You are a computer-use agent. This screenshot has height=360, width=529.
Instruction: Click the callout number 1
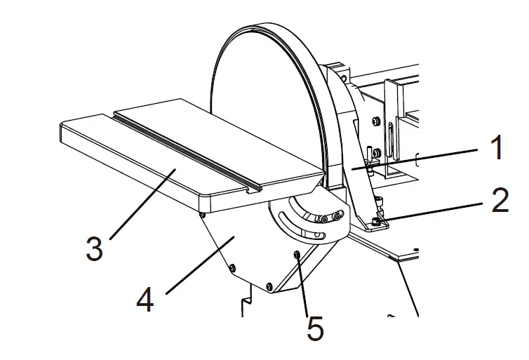(x=496, y=148)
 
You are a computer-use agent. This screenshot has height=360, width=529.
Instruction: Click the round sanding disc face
(x=267, y=105)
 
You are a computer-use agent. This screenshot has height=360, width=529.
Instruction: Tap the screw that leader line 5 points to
(x=297, y=253)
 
